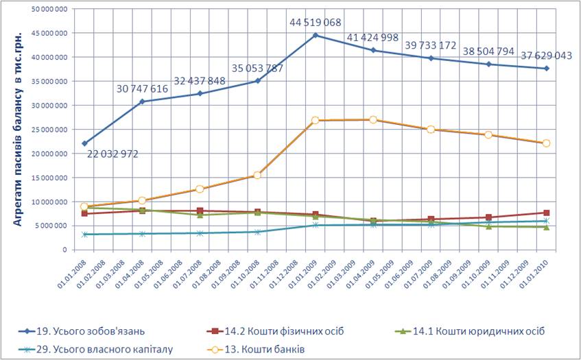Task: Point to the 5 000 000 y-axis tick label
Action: (x=52, y=226)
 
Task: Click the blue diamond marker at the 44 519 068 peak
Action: (x=316, y=35)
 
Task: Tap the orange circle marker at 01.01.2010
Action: (x=547, y=143)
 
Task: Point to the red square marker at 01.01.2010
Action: (x=547, y=213)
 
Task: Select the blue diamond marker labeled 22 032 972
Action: (x=84, y=143)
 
